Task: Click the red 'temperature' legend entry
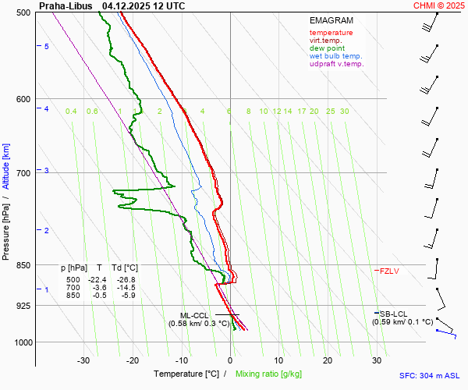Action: click(x=331, y=33)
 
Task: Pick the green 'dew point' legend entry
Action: click(x=328, y=48)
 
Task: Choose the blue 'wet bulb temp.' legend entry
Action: click(x=335, y=56)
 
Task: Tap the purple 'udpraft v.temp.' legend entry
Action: click(x=336, y=64)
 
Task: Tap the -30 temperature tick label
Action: click(x=83, y=360)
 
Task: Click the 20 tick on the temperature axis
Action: click(x=328, y=360)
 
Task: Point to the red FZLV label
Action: click(x=389, y=271)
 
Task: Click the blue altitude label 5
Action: click(x=47, y=47)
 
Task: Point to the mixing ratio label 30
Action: click(x=344, y=112)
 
